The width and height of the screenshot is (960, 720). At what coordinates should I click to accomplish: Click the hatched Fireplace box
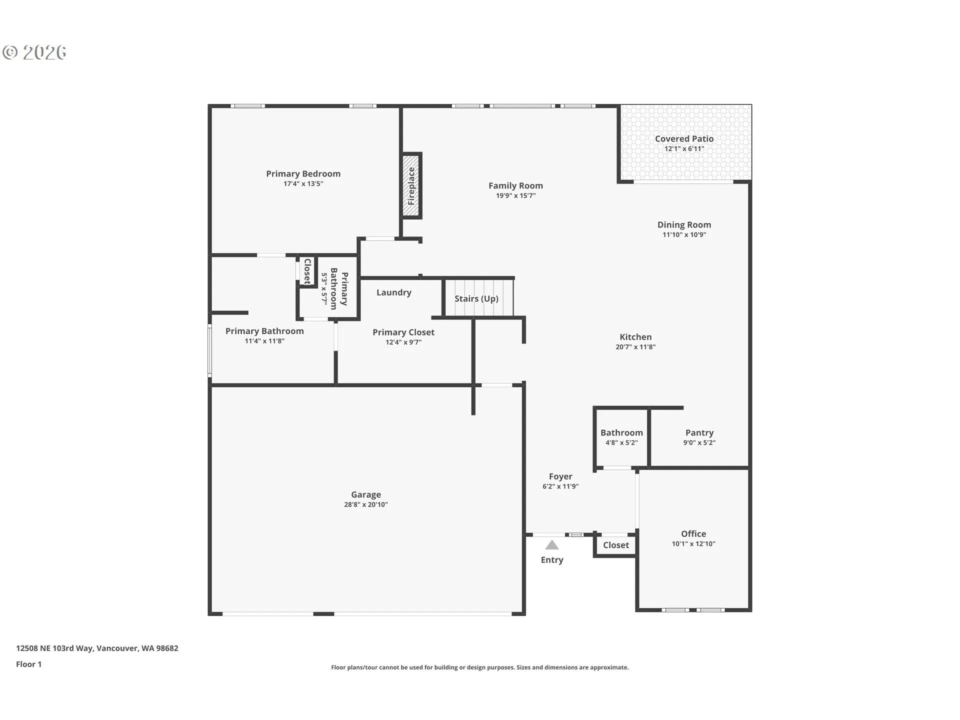[x=411, y=185]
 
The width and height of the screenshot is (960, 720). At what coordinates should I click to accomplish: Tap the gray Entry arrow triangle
[x=552, y=545]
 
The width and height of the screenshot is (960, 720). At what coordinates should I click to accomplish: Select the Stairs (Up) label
[x=476, y=298]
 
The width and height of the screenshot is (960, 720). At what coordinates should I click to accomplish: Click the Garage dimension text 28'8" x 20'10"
[x=366, y=504]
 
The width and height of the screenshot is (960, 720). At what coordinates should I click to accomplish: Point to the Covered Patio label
[x=684, y=138]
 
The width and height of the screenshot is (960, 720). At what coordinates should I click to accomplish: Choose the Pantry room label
[x=699, y=432]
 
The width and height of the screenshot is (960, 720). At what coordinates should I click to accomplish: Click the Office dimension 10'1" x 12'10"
[x=693, y=543]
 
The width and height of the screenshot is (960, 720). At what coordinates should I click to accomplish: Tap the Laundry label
[x=394, y=292]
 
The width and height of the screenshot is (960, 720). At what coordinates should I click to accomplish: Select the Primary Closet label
[x=403, y=332]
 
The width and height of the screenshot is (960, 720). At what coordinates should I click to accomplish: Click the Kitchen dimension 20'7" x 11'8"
[x=635, y=346]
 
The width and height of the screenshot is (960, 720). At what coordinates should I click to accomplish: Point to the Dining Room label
[x=684, y=224]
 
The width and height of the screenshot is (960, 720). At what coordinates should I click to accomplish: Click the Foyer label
[x=560, y=476]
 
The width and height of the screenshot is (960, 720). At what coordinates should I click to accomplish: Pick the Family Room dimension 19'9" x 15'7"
[x=515, y=195]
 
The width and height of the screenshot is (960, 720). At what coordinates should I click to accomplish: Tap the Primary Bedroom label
[x=303, y=173]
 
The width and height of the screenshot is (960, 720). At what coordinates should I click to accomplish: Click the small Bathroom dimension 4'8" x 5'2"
[x=621, y=442]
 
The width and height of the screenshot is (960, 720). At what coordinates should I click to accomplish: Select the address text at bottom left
[x=97, y=648]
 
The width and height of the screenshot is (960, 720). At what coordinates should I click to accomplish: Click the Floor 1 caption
[x=28, y=664]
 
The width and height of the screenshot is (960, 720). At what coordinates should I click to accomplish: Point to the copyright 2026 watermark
[x=34, y=52]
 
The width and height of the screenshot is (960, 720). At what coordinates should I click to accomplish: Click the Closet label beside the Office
[x=616, y=545]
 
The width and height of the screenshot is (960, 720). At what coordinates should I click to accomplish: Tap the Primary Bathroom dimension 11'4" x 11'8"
[x=264, y=341]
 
